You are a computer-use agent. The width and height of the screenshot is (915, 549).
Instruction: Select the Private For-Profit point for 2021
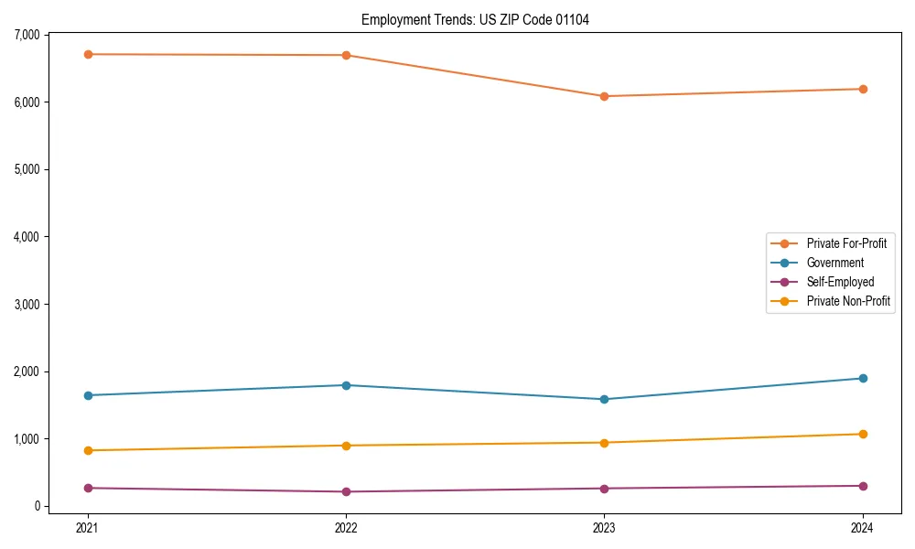88,54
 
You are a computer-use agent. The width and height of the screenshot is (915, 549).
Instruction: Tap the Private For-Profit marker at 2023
604,96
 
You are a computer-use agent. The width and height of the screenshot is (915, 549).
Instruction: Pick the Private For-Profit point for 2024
863,89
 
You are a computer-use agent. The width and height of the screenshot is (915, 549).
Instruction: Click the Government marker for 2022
346,385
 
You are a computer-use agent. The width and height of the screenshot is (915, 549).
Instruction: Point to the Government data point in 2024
863,378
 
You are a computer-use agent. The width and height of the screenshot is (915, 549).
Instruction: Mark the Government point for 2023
604,399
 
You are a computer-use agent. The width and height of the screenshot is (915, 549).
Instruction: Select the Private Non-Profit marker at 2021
88,450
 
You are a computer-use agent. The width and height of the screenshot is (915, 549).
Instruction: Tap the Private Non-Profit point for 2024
863,434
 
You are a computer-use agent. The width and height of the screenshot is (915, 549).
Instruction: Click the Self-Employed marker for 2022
346,491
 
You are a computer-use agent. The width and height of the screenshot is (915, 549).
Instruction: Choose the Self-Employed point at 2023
604,488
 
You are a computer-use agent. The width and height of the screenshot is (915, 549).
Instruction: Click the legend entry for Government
834,263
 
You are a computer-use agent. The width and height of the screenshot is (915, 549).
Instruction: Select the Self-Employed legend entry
840,282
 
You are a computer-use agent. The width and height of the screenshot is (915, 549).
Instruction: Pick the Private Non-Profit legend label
848,301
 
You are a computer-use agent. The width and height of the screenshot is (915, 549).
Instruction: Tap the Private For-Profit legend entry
846,243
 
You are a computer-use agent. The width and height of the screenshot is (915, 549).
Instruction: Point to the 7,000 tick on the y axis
27,35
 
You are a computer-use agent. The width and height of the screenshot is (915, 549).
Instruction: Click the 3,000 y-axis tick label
27,304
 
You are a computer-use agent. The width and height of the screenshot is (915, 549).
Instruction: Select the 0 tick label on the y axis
38,506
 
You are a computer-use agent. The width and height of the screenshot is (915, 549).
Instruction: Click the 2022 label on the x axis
346,527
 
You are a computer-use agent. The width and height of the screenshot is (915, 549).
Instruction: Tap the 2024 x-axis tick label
863,527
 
